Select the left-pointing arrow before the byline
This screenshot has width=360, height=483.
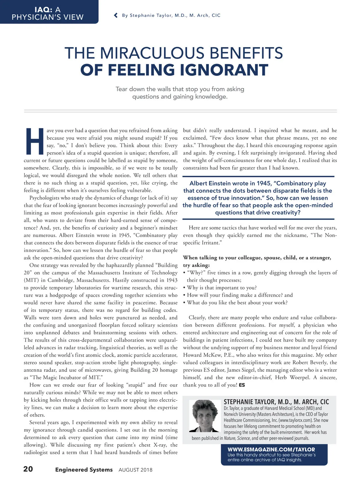tap(116, 15)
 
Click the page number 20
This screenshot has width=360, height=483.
tap(28, 469)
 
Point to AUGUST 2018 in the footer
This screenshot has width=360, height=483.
tap(135, 470)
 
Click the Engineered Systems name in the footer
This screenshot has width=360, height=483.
tap(84, 469)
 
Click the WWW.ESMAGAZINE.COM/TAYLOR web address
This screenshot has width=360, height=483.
tap(271, 449)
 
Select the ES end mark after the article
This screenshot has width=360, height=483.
tap(242, 385)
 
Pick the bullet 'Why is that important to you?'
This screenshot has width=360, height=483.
tap(222, 288)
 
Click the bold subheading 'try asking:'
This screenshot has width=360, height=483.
tap(196, 265)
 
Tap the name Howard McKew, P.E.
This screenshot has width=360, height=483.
tap(206, 355)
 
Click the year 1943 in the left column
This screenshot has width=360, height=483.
tap(172, 280)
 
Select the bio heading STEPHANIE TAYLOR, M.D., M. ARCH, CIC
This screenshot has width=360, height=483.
tap(276, 402)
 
